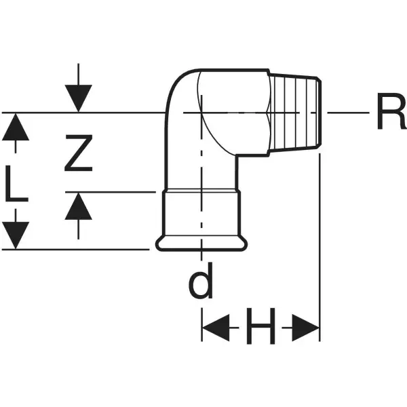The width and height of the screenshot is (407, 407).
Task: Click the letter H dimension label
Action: tap(260, 331)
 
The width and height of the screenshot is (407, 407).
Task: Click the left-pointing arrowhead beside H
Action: tap(216, 331)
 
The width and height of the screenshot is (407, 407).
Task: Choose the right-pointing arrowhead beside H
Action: tap(305, 331)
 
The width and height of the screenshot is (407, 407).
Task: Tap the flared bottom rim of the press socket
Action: tap(201, 242)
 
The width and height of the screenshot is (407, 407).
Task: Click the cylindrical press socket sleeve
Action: tap(201, 214)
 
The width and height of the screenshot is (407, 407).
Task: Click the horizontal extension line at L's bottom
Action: tap(81, 250)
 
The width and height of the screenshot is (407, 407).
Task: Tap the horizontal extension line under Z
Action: tap(115, 192)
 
